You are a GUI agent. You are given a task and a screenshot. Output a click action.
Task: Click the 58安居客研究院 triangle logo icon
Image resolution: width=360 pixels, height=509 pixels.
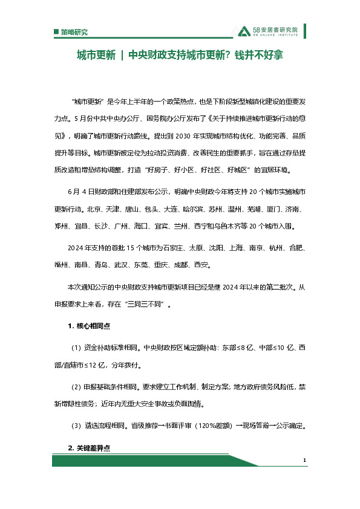(x=244, y=30)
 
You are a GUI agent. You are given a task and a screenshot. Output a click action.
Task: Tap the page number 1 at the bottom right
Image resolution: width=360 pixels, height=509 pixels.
(x=305, y=461)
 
